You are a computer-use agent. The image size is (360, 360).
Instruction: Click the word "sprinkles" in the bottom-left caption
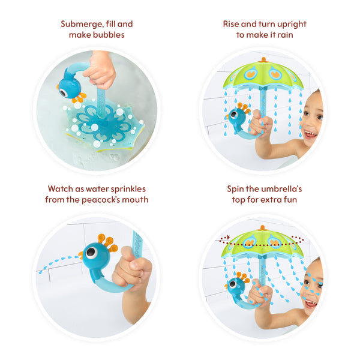click(127, 188)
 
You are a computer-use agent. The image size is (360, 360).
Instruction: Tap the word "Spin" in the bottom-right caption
click(236, 188)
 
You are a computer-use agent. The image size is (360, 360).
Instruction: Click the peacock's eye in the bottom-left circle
click(91, 253)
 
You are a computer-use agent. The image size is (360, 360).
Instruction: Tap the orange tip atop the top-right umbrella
click(263, 59)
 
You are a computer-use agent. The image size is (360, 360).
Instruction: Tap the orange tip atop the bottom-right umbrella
click(263, 227)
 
